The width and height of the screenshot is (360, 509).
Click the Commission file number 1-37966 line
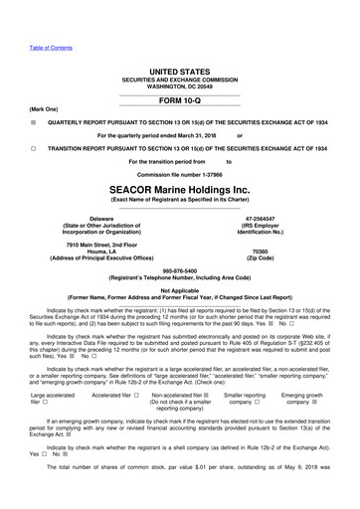pos(179,173)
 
